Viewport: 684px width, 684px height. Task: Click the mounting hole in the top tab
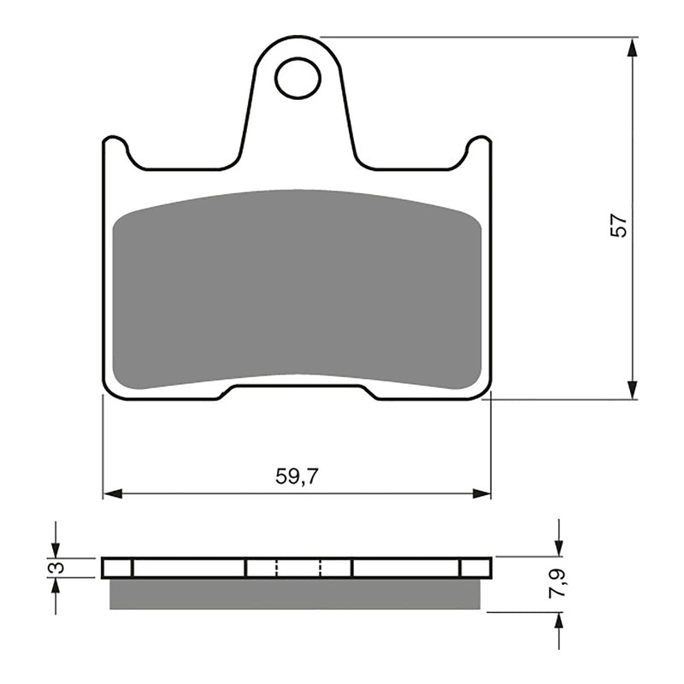click(x=297, y=78)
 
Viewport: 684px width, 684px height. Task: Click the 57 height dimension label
click(x=620, y=224)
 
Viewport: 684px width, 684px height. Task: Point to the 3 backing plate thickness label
click(x=56, y=568)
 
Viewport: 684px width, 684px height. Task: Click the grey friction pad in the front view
click(x=297, y=286)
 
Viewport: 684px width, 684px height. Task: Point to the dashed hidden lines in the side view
click(x=298, y=568)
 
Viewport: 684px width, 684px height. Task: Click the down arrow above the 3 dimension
click(x=56, y=547)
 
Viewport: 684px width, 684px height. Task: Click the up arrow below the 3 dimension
click(x=56, y=588)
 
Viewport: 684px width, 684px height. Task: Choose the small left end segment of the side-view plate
click(x=118, y=568)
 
